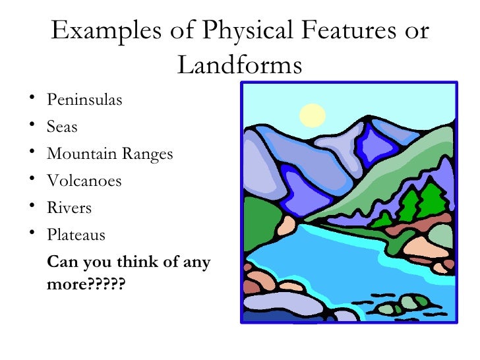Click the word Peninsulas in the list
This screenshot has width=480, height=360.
tap(84, 101)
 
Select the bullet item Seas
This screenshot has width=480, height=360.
tap(62, 127)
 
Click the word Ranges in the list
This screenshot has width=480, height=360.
tap(146, 155)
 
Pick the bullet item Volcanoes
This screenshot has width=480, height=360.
tap(84, 181)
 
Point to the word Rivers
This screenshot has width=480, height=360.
tap(69, 208)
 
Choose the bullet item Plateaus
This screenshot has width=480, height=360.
tap(76, 235)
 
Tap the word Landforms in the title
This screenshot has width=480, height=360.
tap(240, 65)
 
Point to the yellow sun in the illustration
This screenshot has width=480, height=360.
tap(313, 116)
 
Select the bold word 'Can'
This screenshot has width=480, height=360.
tap(61, 262)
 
